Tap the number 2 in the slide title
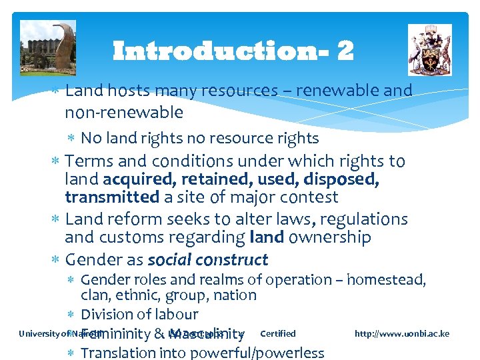pyautogui.click(x=345, y=51)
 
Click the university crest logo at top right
pyautogui.click(x=429, y=49)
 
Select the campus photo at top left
pyautogui.click(x=48, y=47)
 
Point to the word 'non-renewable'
pyautogui.click(x=124, y=112)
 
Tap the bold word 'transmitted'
pyautogui.click(x=112, y=197)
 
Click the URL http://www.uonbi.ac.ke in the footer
pyautogui.click(x=402, y=333)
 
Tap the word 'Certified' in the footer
pyautogui.click(x=277, y=333)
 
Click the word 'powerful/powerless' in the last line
pyautogui.click(x=261, y=353)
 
